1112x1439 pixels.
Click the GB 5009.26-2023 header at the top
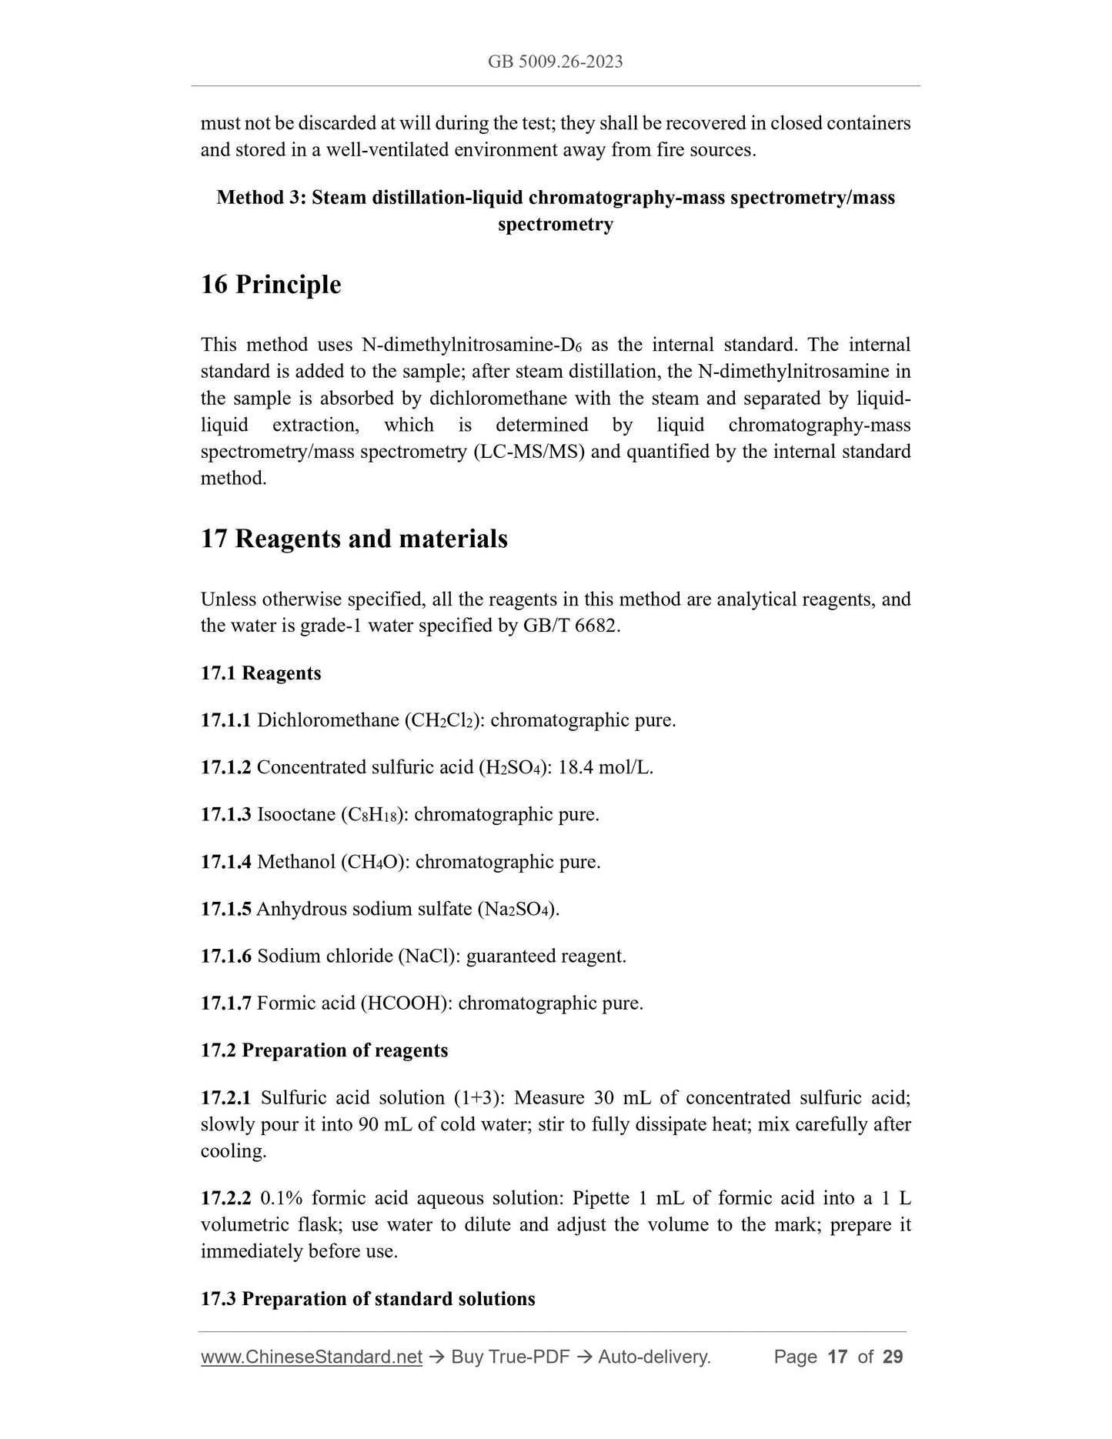click(x=555, y=62)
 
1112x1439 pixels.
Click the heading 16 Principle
click(x=271, y=285)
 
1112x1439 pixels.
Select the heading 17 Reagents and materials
click(x=354, y=539)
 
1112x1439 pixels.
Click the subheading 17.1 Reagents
click(x=261, y=673)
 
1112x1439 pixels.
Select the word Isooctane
click(x=296, y=815)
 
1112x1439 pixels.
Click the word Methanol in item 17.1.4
click(x=296, y=862)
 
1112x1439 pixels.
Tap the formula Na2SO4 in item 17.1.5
click(x=519, y=910)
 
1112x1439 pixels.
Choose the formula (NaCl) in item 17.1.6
click(x=429, y=957)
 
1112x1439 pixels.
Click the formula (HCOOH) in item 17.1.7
click(x=406, y=1003)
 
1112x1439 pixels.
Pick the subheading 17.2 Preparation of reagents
click(x=324, y=1050)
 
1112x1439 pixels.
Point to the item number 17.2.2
click(x=225, y=1198)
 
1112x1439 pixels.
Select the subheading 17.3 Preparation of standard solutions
click(x=368, y=1299)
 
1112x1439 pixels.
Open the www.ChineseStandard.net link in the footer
click(x=312, y=1357)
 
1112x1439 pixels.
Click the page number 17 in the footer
click(x=837, y=1357)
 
